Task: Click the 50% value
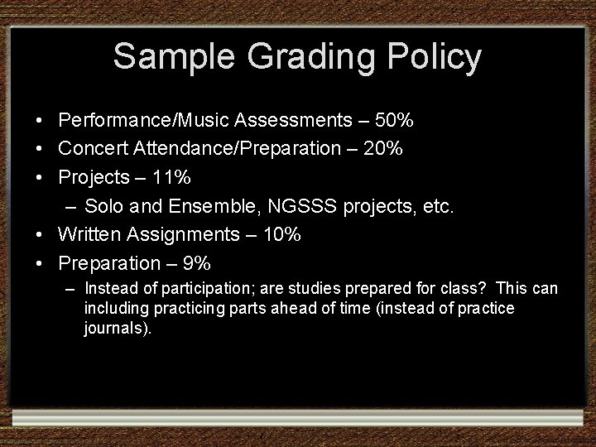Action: (394, 121)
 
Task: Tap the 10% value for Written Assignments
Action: (281, 235)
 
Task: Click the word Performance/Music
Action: (144, 121)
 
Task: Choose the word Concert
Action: (90, 149)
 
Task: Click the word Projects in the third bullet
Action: (93, 178)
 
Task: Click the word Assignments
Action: (187, 235)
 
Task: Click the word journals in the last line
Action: (114, 329)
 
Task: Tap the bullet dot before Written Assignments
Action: (40, 236)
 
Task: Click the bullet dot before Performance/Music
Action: (40, 122)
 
